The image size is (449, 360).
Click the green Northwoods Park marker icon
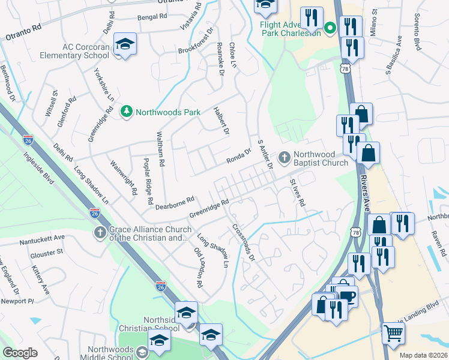(127, 112)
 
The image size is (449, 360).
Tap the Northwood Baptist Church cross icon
(284, 158)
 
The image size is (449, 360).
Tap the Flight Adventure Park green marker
(330, 28)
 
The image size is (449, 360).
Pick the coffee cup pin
(346, 295)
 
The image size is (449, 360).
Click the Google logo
(20, 352)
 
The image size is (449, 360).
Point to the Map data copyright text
(423, 355)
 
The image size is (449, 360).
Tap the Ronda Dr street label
(238, 155)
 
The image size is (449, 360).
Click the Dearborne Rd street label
(175, 203)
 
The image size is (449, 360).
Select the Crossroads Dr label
(244, 242)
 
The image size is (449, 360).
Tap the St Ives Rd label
(297, 193)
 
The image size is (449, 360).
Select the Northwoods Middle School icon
(141, 352)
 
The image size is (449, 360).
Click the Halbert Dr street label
(222, 121)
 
